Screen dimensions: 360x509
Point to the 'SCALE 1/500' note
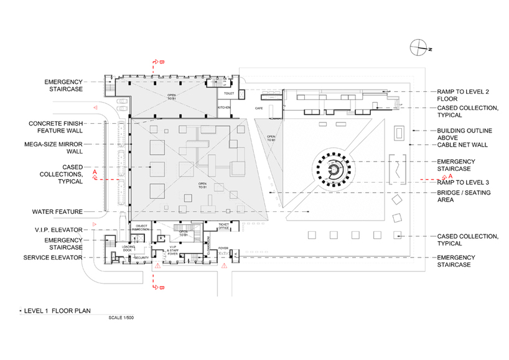coord(121,317)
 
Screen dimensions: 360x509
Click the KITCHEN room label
coord(224,107)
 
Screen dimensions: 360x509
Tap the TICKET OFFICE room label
coord(224,226)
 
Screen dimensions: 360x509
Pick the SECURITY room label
coord(141,257)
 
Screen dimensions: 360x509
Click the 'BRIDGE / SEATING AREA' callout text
coord(464,196)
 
